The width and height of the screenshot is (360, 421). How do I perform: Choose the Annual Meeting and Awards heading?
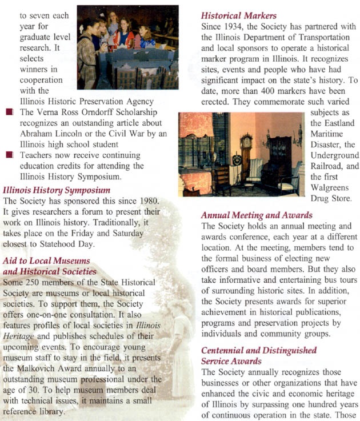pyautogui.click(x=257, y=215)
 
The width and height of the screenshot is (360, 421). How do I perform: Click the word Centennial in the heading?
pyautogui.click(x=224, y=350)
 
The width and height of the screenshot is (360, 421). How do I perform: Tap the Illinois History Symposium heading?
pyautogui.click(x=57, y=190)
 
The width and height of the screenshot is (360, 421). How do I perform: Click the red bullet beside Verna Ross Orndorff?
pyautogui.click(x=7, y=113)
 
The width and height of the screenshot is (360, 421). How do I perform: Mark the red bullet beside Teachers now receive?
pyautogui.click(x=7, y=155)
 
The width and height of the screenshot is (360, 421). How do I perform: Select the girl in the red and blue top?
pyautogui.click(x=125, y=35)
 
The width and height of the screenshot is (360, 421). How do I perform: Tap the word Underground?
pyautogui.click(x=335, y=155)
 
